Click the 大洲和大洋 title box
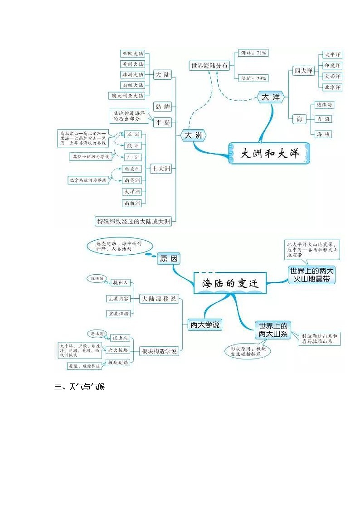pos(270,153)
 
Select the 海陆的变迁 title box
pos(230,284)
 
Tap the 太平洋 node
pos(332,54)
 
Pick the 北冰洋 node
pos(332,87)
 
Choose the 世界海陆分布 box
pos(209,66)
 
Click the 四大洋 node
pos(303,71)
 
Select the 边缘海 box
pos(324,105)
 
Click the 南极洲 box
pos(132,203)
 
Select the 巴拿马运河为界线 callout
pos(88,180)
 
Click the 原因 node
pos(169,259)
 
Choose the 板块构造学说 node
pos(159,351)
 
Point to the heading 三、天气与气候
pos(80,387)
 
